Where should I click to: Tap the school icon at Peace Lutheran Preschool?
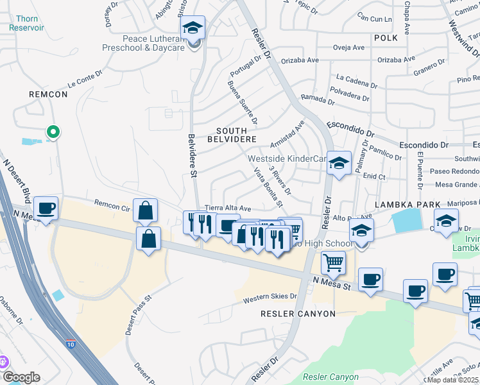click(192, 28)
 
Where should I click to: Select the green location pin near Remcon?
click(53, 132)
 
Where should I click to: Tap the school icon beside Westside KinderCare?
click(339, 164)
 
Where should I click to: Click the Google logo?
click(21, 377)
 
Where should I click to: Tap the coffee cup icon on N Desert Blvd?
click(46, 209)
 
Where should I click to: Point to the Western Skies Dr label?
click(270, 297)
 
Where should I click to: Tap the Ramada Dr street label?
click(318, 101)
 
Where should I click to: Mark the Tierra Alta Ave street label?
click(227, 209)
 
